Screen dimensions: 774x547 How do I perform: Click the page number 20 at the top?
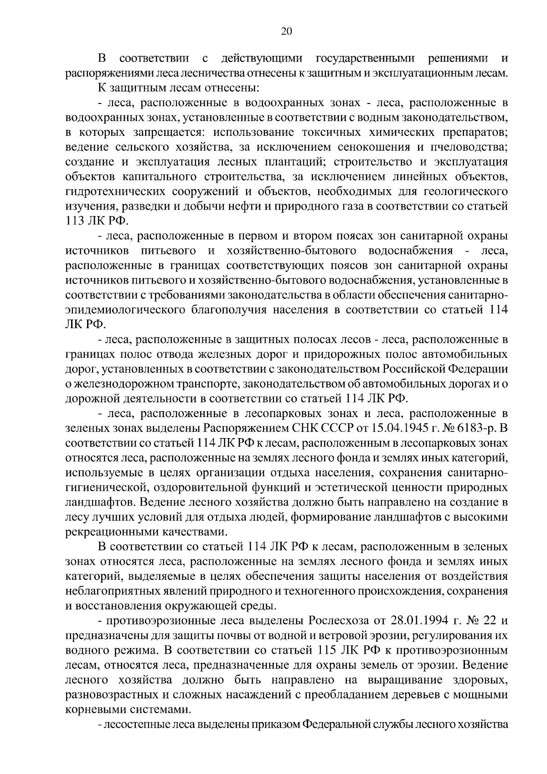[x=286, y=31]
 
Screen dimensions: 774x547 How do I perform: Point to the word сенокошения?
[x=373, y=147]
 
